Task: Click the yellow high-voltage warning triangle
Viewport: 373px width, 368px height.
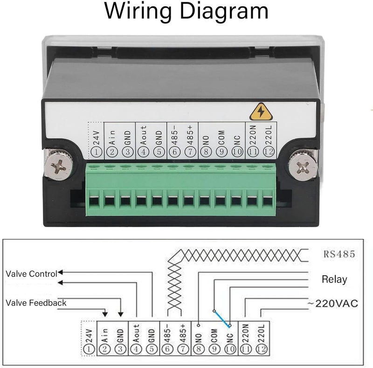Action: [x=261, y=111]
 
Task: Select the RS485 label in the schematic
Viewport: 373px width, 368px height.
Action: [x=339, y=254]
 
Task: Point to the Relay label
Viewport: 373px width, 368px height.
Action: [x=334, y=279]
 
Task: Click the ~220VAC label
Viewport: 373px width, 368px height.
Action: [x=332, y=304]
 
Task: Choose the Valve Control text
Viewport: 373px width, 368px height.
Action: [x=31, y=274]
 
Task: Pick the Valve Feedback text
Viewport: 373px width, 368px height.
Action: [x=36, y=303]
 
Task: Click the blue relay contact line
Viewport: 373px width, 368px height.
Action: [x=222, y=318]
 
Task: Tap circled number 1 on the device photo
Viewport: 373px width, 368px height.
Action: [x=97, y=152]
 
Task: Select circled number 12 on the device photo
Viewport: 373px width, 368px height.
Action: [x=269, y=152]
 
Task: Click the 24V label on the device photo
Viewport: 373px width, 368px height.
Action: [x=97, y=138]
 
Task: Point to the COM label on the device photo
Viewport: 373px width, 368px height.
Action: [x=221, y=138]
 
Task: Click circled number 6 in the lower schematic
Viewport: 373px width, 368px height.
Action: [x=167, y=349]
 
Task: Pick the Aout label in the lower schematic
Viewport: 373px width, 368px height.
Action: [x=136, y=333]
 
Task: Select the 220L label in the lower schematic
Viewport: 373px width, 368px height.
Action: [x=261, y=333]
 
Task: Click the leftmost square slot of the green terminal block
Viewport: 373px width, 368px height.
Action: [x=94, y=201]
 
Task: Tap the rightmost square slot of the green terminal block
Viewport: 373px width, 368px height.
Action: [x=268, y=201]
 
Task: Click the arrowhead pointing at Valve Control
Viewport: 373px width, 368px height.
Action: [x=60, y=272]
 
